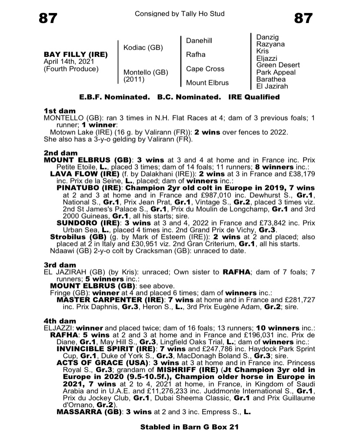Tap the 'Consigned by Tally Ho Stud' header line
pos(180,14)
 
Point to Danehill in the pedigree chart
pos(199,41)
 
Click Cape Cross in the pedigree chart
pos(205,69)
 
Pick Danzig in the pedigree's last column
pos(267,37)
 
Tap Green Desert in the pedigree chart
pos(278,65)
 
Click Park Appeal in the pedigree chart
pos(276,72)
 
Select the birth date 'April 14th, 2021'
pos(70,62)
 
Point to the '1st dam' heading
pos(60,111)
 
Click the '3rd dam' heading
pos(60,265)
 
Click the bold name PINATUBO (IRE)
pos(90,188)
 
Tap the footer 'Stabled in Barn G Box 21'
pos(190,427)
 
